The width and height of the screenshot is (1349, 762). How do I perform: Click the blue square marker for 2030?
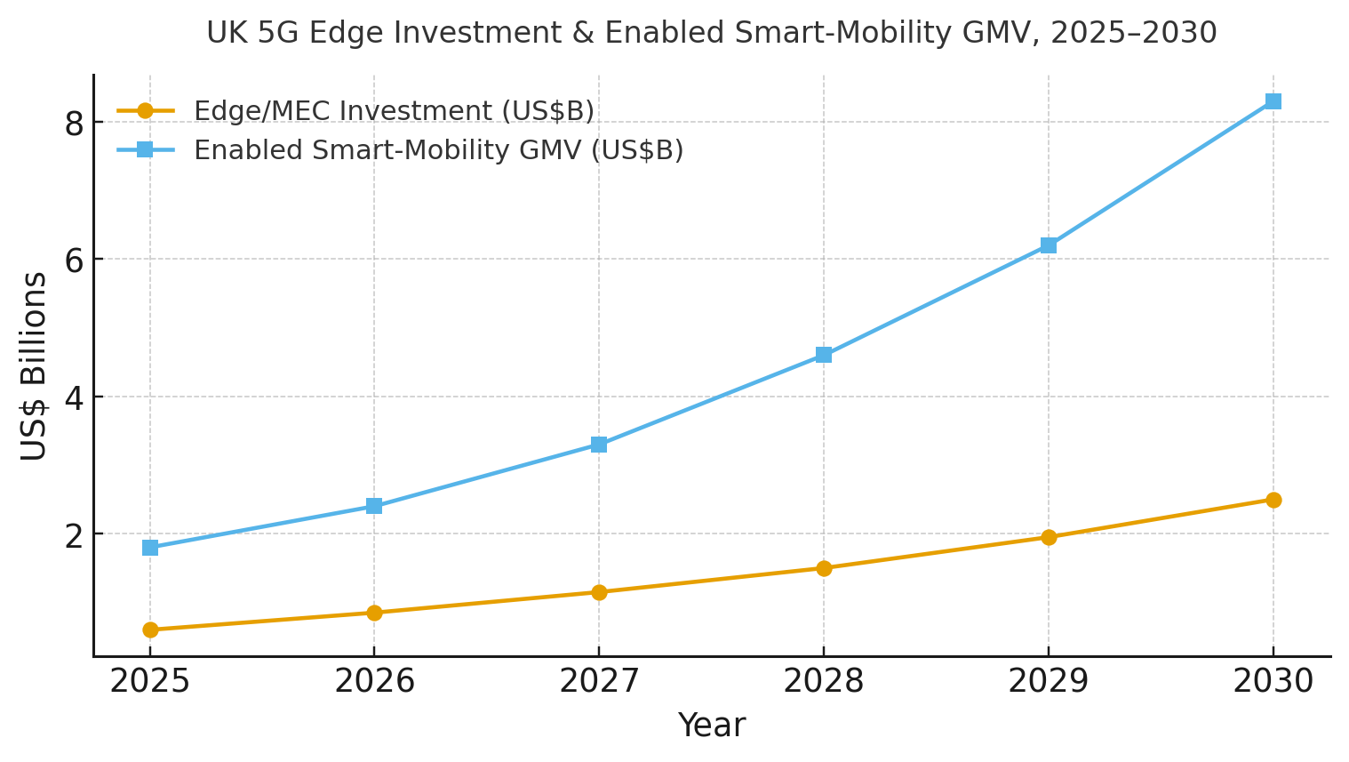coord(1273,101)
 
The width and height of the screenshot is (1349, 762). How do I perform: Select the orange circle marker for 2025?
coord(150,630)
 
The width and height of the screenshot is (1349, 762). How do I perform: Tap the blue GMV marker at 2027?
coord(599,445)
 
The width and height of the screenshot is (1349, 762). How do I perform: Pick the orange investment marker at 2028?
coord(824,568)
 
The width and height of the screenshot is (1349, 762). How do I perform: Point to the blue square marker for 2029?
coord(1049,245)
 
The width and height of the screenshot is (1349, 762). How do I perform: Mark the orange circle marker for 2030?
coord(1273,500)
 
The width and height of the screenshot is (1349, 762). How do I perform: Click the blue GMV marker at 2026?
coord(374,506)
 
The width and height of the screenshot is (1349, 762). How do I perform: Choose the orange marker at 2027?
coord(599,592)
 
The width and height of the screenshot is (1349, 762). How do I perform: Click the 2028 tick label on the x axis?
coord(824,682)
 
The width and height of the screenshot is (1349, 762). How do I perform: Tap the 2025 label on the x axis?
coord(150,682)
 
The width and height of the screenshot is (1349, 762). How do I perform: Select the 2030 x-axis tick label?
coord(1273,682)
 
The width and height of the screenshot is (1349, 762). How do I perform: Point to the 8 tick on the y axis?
coord(74,123)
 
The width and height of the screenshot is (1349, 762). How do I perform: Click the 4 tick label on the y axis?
coord(74,397)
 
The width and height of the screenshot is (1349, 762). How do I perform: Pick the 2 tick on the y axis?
coord(74,535)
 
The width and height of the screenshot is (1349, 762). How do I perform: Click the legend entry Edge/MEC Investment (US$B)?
coord(394,111)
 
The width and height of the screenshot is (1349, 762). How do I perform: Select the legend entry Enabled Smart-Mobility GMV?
coord(438,150)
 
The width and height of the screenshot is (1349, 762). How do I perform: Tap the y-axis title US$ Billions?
coord(34,366)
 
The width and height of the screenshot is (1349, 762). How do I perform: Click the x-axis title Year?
coord(711,726)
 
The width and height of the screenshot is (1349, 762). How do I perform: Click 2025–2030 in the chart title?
coord(1133,33)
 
